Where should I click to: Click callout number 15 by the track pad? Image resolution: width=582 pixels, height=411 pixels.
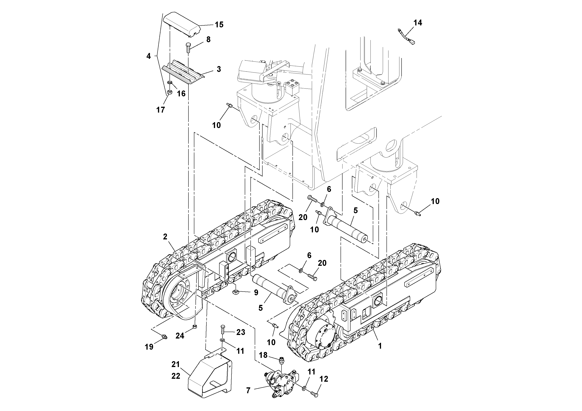point(219,25)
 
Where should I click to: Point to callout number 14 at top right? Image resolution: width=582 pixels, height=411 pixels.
point(418,23)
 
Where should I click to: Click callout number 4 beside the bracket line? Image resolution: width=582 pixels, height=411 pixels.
point(149,56)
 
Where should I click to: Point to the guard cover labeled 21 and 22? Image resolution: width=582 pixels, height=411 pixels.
point(209,380)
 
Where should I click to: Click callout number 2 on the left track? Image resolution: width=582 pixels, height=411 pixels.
point(165,237)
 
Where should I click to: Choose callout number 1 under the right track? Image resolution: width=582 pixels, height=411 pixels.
point(380,346)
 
